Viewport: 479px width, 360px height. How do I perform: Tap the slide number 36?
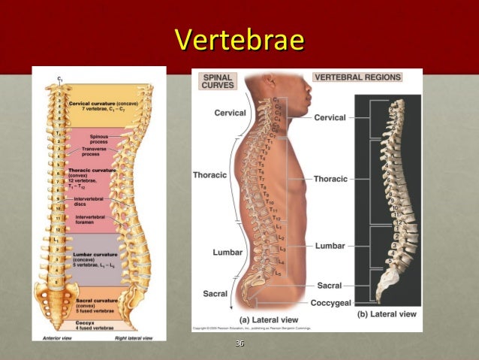pos(239,343)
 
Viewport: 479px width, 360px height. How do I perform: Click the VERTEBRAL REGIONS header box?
pos(357,77)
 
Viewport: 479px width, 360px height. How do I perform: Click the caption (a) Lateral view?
pos(270,320)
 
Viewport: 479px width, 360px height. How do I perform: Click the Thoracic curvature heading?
pos(94,171)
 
